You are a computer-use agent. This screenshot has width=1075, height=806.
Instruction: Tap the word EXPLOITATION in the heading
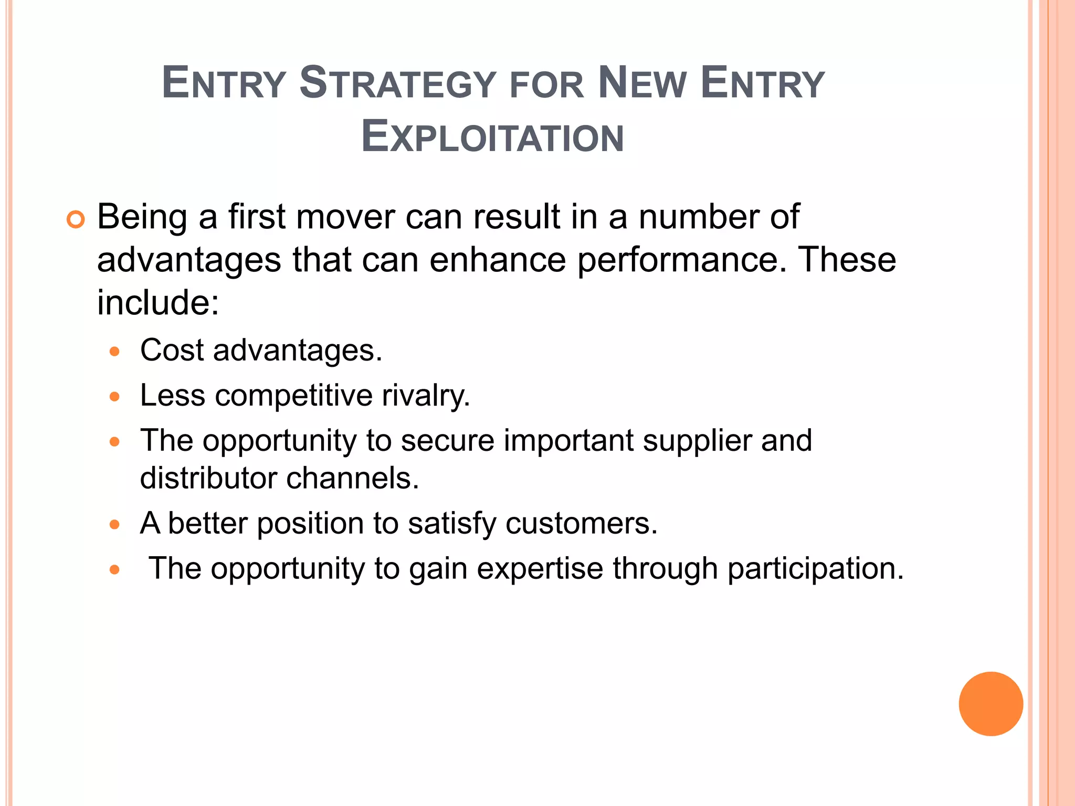tap(493, 138)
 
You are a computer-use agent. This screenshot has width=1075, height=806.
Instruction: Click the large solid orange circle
tap(990, 704)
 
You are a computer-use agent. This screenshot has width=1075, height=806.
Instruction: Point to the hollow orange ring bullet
tap(76, 220)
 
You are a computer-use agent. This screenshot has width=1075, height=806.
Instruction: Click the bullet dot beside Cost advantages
tap(115, 351)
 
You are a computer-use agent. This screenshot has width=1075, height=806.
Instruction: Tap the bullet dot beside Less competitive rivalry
tap(115, 396)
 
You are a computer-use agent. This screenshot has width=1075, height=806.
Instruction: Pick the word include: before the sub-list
tap(158, 303)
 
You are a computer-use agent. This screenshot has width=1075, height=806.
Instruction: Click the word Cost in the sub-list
tap(172, 350)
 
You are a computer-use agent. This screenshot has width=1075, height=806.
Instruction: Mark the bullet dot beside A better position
tap(115, 524)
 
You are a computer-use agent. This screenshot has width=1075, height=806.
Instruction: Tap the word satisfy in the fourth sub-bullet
tap(452, 523)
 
